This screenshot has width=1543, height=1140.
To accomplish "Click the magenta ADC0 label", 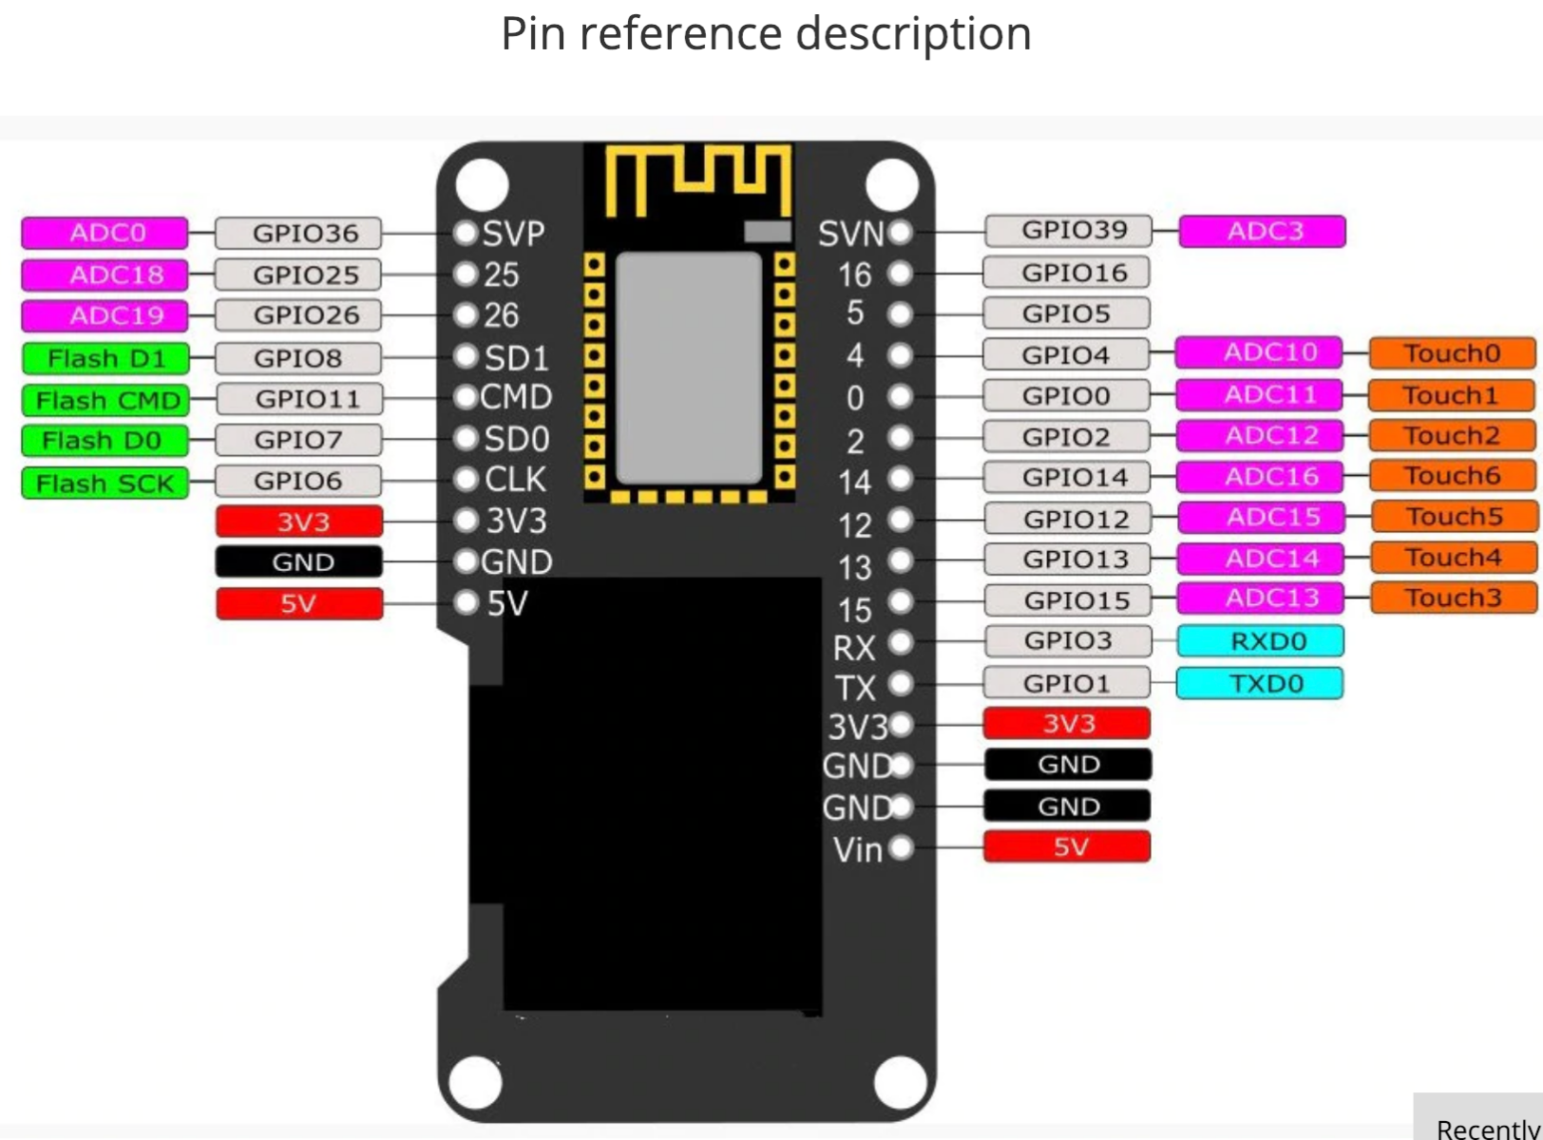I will pyautogui.click(x=105, y=234).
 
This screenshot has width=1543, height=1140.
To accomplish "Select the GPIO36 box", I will pyautogui.click(x=298, y=234).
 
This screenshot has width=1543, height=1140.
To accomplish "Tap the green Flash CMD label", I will pyautogui.click(x=105, y=401).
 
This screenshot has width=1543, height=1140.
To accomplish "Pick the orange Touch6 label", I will pyautogui.click(x=1453, y=476).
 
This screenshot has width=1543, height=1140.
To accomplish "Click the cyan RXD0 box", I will pyautogui.click(x=1260, y=641).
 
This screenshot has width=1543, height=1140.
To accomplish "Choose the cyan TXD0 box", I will pyautogui.click(x=1260, y=683).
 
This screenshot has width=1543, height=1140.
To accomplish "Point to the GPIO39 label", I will pyautogui.click(x=1068, y=230).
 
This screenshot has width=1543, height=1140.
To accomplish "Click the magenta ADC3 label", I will pyautogui.click(x=1262, y=231).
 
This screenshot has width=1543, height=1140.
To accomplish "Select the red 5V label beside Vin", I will pyautogui.click(x=1066, y=846).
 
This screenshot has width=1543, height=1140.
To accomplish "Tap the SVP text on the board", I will pyautogui.click(x=513, y=234).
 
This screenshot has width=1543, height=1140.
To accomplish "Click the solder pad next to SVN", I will pyautogui.click(x=900, y=232).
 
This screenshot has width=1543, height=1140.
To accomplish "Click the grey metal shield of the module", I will pyautogui.click(x=689, y=369).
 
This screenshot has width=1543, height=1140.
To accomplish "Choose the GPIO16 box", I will pyautogui.click(x=1066, y=273).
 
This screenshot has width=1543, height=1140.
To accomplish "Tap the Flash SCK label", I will pyautogui.click(x=105, y=484).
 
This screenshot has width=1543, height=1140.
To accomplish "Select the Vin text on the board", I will pyautogui.click(x=857, y=849).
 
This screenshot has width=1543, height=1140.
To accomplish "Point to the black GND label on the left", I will pyautogui.click(x=298, y=562).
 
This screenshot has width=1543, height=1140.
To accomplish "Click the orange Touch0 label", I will pyautogui.click(x=1452, y=353).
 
